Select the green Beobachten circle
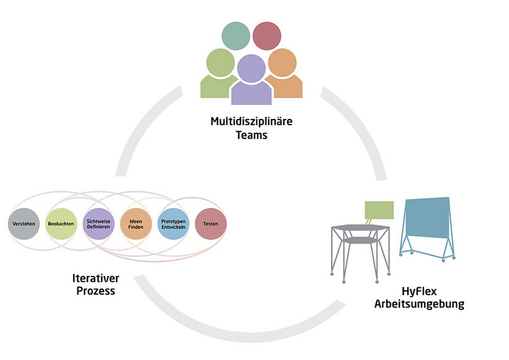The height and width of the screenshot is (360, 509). pyautogui.click(x=62, y=224)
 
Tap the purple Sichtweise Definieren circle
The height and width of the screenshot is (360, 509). pyautogui.click(x=99, y=224)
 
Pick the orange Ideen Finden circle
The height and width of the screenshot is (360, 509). pyautogui.click(x=136, y=224)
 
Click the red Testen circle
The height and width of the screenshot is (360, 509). pyautogui.click(x=210, y=224)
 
